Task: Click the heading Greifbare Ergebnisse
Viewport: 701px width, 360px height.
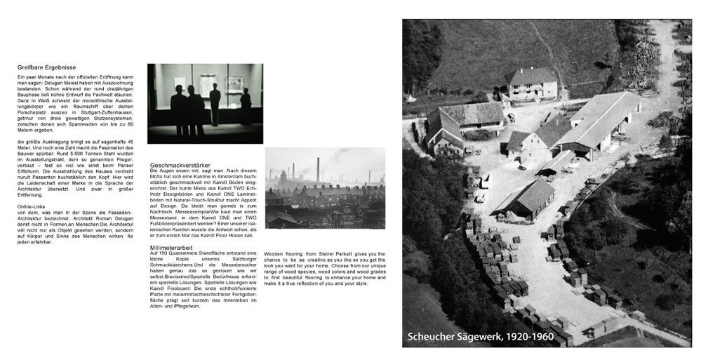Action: point(46,67)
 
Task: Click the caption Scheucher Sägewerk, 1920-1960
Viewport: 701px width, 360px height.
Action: point(480,337)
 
